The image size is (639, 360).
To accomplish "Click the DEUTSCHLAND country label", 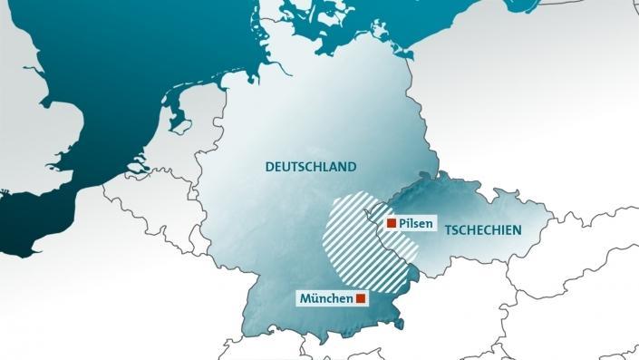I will tap(310, 167).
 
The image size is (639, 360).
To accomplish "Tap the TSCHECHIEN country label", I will tap(483, 230).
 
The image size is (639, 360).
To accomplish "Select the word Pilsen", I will tap(416, 223).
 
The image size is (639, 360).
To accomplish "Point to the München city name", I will tap(325, 298).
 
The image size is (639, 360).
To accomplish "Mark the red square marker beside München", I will tap(361, 298).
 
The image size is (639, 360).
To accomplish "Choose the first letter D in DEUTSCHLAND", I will tap(269, 167).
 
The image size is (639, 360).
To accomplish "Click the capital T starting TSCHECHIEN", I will tap(448, 230).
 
